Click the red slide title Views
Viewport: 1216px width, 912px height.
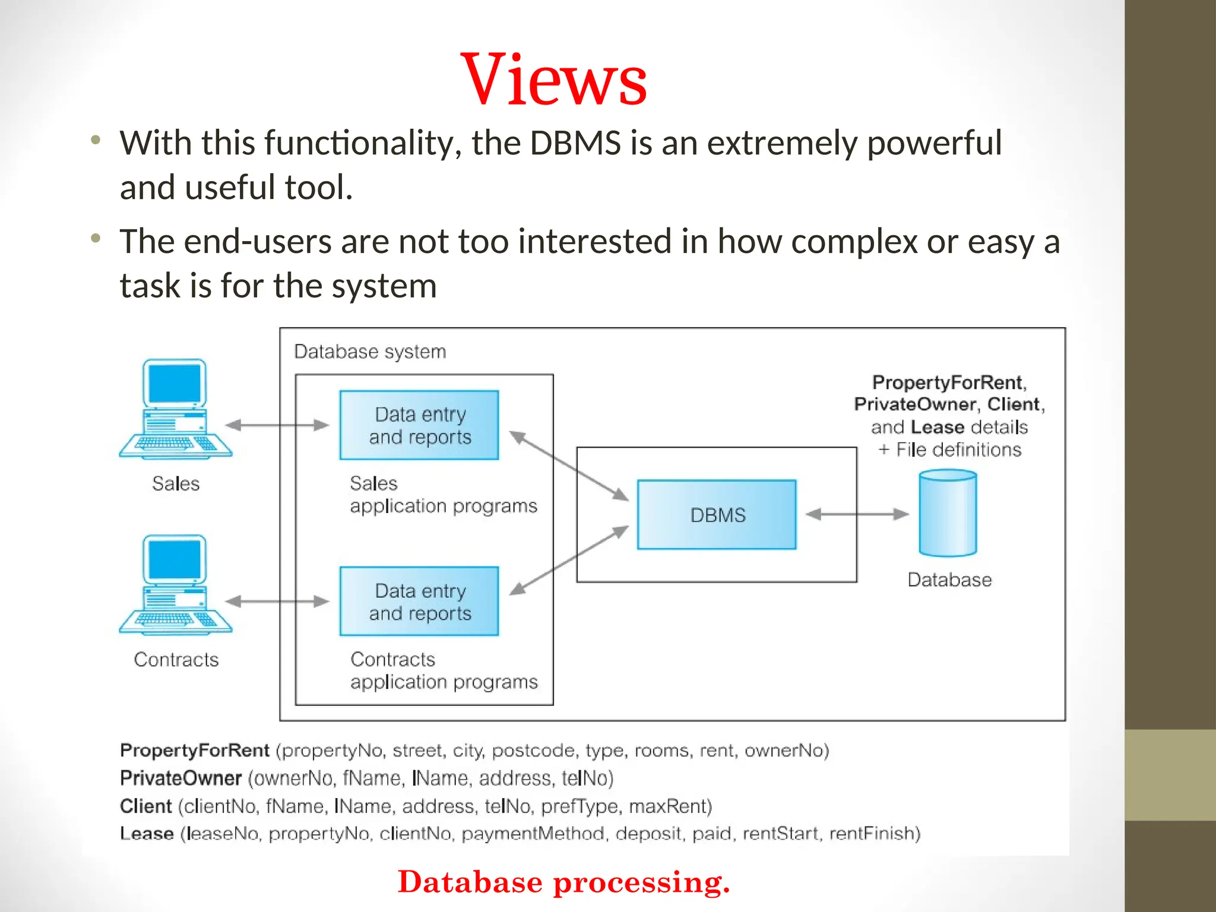(x=553, y=80)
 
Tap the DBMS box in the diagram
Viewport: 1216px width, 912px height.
(x=717, y=514)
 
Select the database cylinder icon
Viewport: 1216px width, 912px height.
(x=947, y=514)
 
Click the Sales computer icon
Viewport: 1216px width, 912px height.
(x=175, y=410)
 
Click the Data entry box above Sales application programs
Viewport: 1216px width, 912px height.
(x=419, y=425)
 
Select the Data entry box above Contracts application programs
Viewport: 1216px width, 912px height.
(x=419, y=601)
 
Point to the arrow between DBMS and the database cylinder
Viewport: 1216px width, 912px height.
(x=857, y=514)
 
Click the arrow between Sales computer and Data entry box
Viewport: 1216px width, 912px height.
(x=277, y=425)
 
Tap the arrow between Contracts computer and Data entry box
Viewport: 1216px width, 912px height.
(x=277, y=601)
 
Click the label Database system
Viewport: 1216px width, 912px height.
(x=370, y=351)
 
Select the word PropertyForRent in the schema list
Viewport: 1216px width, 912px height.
(x=195, y=750)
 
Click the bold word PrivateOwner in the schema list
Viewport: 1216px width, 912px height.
(x=180, y=778)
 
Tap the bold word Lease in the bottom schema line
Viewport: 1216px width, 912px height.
(x=147, y=834)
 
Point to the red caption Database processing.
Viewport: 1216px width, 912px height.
(x=563, y=882)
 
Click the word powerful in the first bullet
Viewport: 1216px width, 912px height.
(x=934, y=143)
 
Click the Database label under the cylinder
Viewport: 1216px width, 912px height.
(x=949, y=579)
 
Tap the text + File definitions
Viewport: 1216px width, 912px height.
(x=950, y=449)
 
